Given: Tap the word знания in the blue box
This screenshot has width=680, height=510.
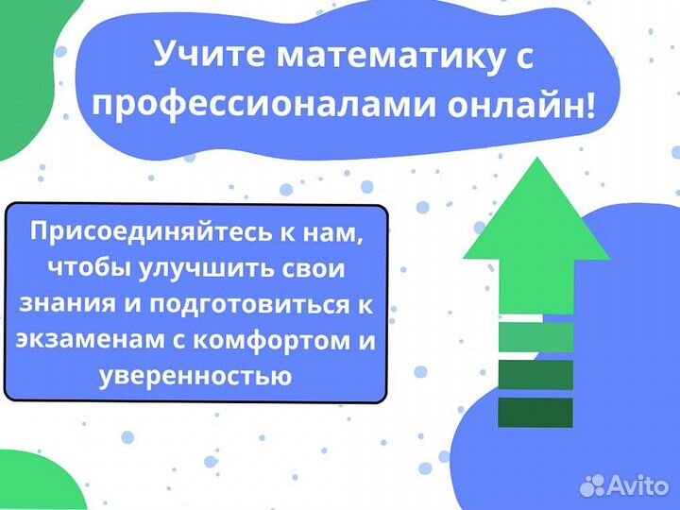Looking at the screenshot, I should pos(61,304).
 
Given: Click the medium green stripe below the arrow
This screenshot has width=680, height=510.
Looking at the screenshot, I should pos(535,374).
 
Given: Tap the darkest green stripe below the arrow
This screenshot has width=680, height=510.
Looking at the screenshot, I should pos(535,412).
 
